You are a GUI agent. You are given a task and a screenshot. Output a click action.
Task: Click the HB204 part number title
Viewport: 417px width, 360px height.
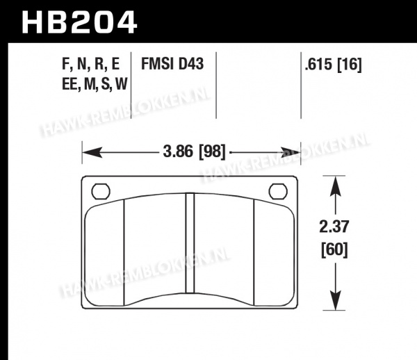(x=79, y=22)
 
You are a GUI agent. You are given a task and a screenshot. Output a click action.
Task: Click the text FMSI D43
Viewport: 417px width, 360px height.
(x=172, y=64)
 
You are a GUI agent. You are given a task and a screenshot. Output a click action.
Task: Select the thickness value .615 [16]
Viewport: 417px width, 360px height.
(x=333, y=65)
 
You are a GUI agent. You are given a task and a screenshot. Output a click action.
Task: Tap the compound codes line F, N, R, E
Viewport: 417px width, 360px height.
(x=90, y=64)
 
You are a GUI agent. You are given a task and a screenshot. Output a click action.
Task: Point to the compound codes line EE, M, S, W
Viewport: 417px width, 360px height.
(x=95, y=84)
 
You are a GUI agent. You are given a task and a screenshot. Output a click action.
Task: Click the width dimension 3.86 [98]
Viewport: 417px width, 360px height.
(x=194, y=152)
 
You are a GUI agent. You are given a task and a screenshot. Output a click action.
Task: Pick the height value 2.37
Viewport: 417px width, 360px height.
(x=334, y=227)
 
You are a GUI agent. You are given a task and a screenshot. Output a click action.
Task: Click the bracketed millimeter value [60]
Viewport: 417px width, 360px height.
(x=334, y=249)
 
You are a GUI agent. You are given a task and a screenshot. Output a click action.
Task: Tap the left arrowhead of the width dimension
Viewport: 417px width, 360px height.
(x=92, y=152)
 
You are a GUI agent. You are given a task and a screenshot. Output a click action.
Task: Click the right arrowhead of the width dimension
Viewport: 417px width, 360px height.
(x=291, y=152)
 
